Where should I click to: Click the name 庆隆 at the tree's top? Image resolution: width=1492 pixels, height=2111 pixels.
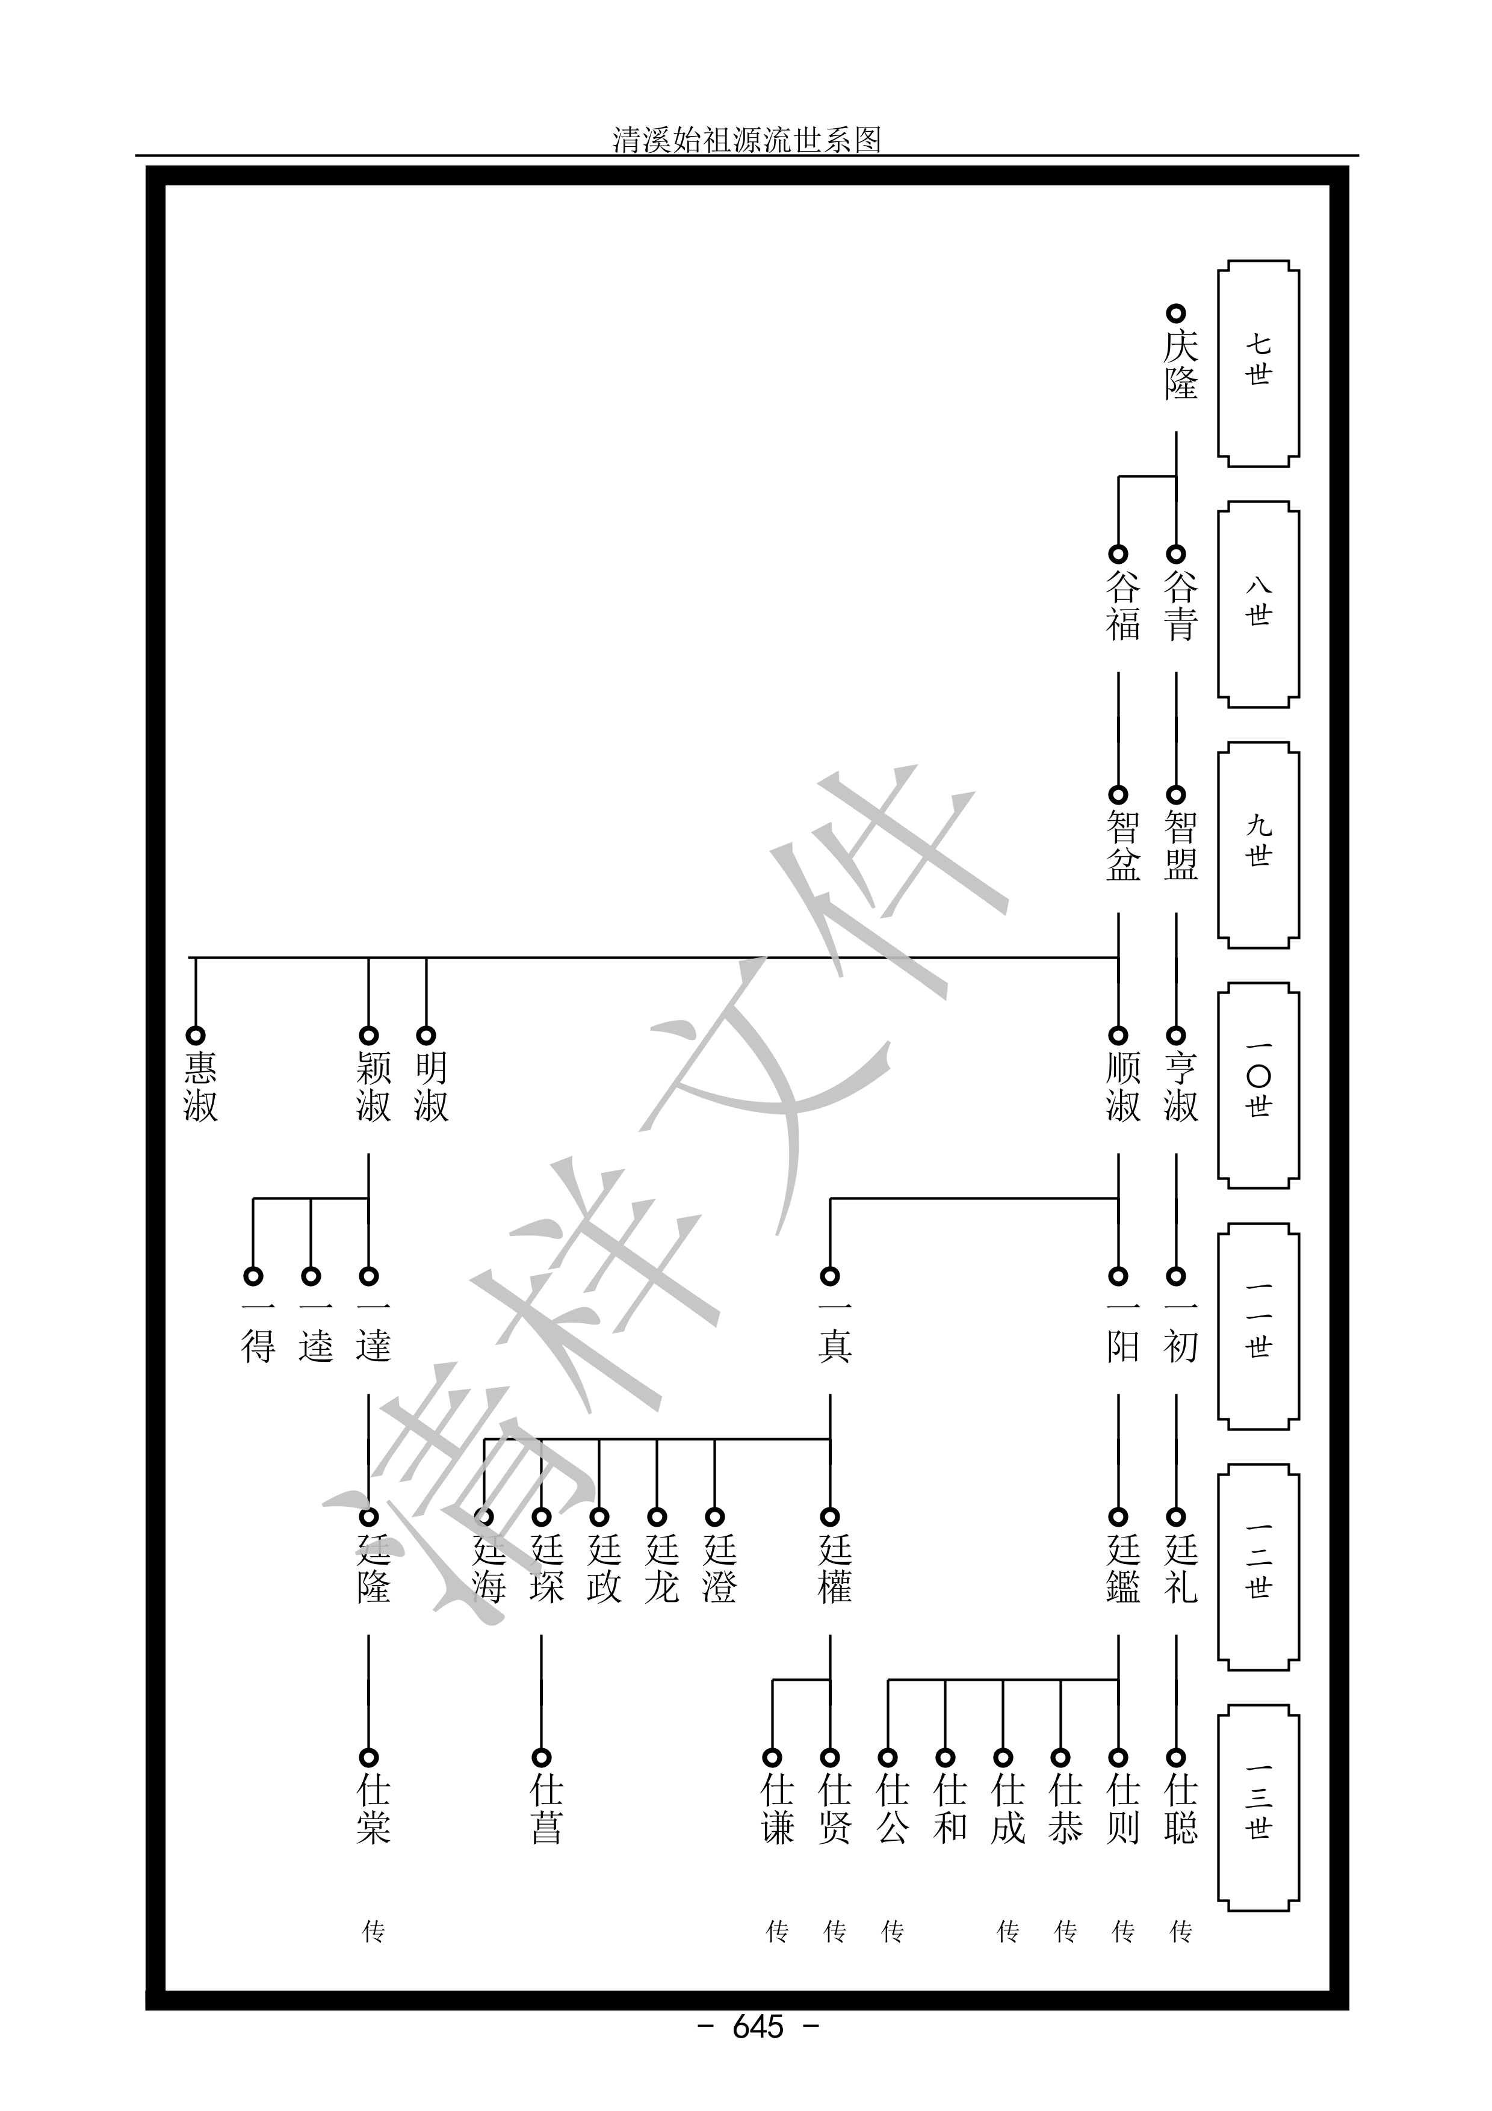click(x=1180, y=364)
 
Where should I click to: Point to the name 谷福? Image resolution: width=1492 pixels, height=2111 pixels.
click(x=1122, y=605)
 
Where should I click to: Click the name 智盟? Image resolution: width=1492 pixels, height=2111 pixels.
click(x=1180, y=846)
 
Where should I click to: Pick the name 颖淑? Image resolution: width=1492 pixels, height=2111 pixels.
click(x=373, y=1087)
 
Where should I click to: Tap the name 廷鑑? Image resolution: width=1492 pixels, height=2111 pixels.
click(x=1122, y=1569)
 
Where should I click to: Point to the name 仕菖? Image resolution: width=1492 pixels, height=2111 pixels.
click(x=546, y=1810)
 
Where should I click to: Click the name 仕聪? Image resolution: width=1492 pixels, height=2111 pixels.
click(x=1180, y=1810)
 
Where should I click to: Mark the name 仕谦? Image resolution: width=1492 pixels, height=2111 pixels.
click(x=777, y=1810)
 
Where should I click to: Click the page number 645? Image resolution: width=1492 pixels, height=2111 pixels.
click(x=758, y=2051)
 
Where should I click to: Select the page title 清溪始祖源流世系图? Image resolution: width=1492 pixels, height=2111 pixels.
click(x=746, y=140)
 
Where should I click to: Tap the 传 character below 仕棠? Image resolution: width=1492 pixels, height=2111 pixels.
click(x=373, y=1932)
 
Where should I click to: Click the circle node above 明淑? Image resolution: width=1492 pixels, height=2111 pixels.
click(x=426, y=1035)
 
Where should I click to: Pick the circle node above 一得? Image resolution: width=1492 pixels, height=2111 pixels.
click(x=253, y=1276)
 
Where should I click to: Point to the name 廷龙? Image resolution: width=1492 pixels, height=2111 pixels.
click(x=661, y=1569)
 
